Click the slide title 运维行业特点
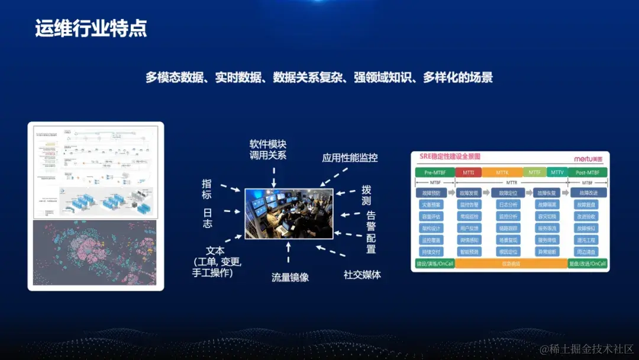pyautogui.click(x=91, y=29)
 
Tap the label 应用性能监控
pyautogui.click(x=350, y=158)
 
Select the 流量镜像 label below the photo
pyautogui.click(x=290, y=277)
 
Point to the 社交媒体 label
pyautogui.click(x=362, y=275)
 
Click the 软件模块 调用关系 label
pyautogui.click(x=268, y=150)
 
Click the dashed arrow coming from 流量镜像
pyautogui.click(x=289, y=252)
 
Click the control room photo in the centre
pyautogui.click(x=289, y=213)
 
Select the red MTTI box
pyautogui.click(x=468, y=172)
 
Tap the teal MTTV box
pyautogui.click(x=557, y=172)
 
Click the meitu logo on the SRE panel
pyautogui.click(x=588, y=159)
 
